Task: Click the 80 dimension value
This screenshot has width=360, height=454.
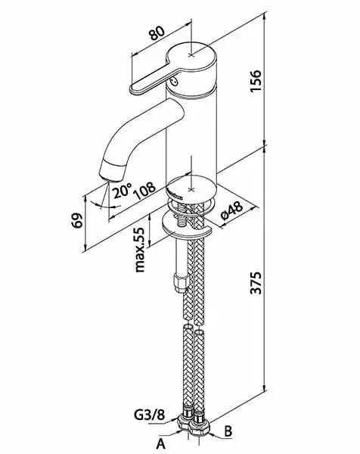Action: (x=157, y=33)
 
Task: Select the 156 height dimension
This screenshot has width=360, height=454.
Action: (x=256, y=81)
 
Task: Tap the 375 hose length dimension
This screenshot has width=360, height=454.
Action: (x=256, y=282)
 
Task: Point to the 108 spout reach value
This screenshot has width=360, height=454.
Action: (x=145, y=191)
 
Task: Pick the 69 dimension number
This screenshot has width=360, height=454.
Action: (x=77, y=221)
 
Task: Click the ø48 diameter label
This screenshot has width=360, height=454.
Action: (x=231, y=210)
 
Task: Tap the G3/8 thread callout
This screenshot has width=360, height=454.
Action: (x=149, y=415)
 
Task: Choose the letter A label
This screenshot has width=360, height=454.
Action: (x=160, y=443)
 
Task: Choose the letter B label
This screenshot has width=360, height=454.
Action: (x=228, y=431)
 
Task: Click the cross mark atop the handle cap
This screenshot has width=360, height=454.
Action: (x=191, y=54)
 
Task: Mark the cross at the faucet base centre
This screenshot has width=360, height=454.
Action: (x=191, y=189)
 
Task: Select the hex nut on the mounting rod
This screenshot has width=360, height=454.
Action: (x=182, y=283)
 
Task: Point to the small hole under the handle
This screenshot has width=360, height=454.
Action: (x=173, y=82)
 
